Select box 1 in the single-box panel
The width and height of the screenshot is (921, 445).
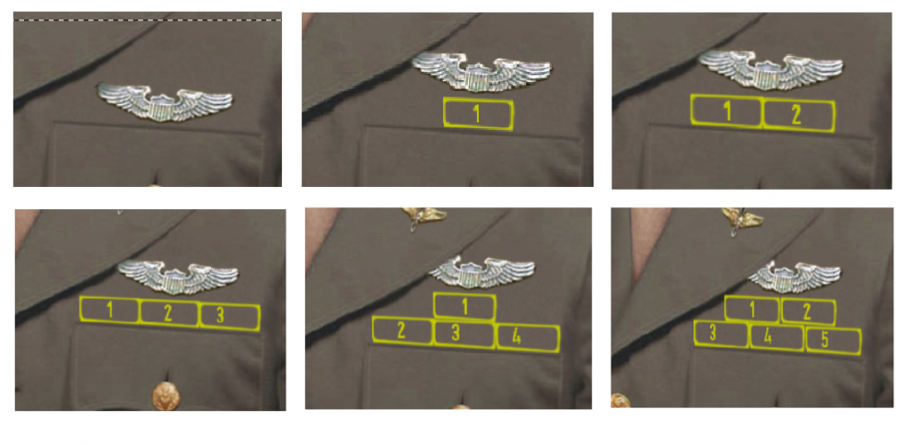coord(477,114)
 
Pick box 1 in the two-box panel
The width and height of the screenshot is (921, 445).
coord(727,112)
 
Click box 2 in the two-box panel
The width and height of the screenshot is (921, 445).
coord(798,115)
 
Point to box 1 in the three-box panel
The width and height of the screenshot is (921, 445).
coord(109,310)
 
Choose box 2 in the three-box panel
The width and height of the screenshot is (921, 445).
coord(169,312)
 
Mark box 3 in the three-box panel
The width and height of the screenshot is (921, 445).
coord(229,315)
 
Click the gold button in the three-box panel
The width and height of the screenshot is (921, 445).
coord(167,396)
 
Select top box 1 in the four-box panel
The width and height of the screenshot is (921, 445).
coord(464,306)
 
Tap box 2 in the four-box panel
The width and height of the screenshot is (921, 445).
coord(402,330)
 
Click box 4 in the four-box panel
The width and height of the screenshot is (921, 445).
coord(527,337)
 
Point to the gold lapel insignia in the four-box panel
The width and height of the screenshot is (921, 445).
coord(424,216)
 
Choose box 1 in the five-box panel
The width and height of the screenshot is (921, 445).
coord(752,309)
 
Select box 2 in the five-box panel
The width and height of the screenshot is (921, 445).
coord(807,311)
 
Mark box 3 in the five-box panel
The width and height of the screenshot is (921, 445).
coord(719,333)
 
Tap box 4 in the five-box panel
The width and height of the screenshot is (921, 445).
coord(775,336)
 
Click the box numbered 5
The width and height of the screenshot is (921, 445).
coord(833,340)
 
